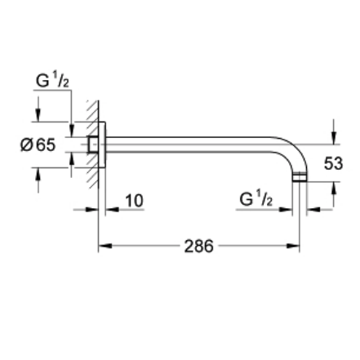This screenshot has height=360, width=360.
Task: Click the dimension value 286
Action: [x=198, y=246]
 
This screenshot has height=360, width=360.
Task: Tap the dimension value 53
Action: [x=333, y=163]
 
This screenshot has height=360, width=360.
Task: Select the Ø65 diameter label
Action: [x=38, y=145]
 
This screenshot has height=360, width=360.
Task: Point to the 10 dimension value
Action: [x=134, y=201]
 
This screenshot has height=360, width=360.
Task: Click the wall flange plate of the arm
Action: [x=102, y=148]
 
